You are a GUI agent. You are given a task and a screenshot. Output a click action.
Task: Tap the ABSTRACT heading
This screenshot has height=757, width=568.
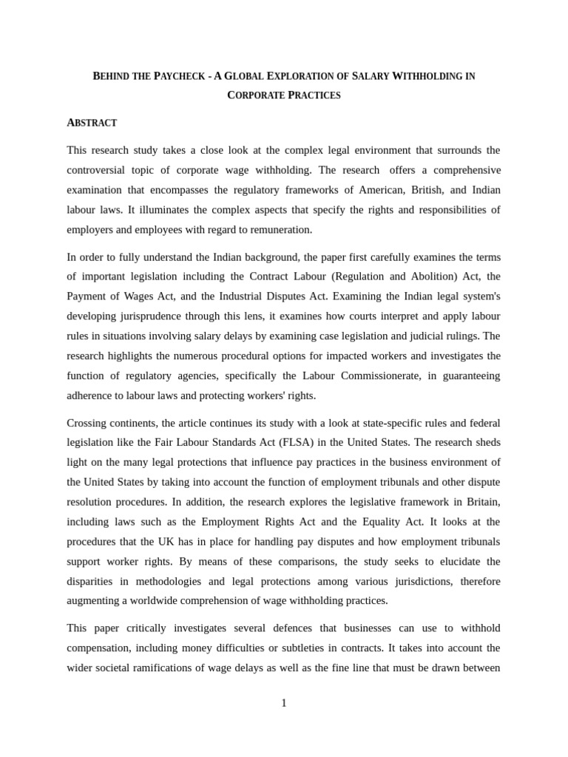click(92, 123)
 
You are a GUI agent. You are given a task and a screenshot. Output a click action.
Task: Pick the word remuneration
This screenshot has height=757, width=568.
click(281, 230)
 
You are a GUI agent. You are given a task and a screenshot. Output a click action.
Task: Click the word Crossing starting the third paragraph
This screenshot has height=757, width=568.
click(87, 423)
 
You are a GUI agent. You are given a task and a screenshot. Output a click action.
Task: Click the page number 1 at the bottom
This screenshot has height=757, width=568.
click(284, 703)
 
